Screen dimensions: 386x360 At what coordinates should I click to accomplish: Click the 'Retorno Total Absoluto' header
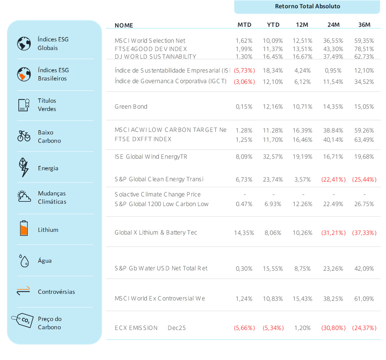point(307,6)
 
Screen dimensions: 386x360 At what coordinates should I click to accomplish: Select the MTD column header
point(244,25)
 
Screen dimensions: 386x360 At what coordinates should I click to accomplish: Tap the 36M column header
point(364,25)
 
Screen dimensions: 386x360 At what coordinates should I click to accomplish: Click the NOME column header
point(124,25)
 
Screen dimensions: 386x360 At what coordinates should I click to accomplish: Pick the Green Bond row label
point(131,107)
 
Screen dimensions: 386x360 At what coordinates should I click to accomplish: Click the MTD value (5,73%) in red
point(244,71)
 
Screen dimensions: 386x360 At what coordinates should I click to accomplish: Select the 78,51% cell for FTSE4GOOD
point(364,49)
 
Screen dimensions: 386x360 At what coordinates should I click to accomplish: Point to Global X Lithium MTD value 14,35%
point(244,233)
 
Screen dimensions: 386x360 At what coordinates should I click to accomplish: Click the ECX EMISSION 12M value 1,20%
point(303,328)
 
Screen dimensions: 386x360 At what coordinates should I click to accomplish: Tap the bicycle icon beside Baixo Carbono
point(24,136)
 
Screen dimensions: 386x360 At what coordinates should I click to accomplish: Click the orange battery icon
point(24,228)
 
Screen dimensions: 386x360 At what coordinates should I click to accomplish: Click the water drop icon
point(24,261)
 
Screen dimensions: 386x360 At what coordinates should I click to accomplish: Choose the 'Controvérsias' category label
point(57,292)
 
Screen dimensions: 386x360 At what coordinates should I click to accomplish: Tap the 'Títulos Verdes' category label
point(47,105)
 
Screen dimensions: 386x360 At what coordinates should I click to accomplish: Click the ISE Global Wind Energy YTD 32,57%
point(273,157)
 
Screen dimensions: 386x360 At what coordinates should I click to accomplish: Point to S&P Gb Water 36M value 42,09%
point(364,269)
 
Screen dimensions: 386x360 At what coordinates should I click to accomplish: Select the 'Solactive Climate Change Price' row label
point(158,195)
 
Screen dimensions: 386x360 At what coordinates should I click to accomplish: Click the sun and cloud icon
point(24,196)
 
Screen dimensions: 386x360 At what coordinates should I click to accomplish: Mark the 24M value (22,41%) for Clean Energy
point(333,180)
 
